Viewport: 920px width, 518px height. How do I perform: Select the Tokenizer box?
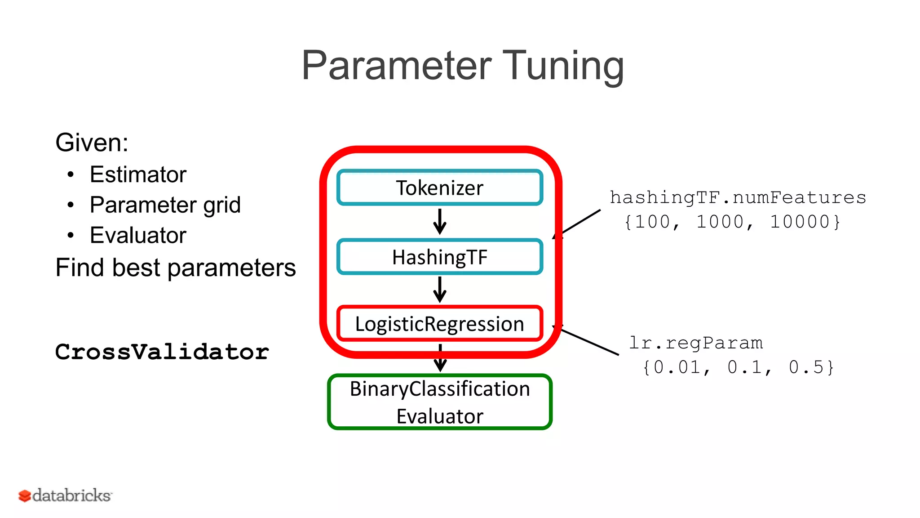click(439, 188)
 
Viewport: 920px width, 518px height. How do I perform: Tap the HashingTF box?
click(439, 257)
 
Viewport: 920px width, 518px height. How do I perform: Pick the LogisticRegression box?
click(439, 324)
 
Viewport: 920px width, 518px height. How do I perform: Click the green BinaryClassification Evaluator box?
click(439, 402)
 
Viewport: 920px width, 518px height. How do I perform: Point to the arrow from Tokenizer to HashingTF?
click(440, 221)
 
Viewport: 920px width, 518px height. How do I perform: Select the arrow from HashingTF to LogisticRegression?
click(440, 289)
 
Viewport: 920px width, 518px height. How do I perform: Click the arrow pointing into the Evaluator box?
click(440, 358)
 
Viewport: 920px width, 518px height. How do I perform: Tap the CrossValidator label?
click(162, 352)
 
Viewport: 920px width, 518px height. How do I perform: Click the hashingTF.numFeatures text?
click(738, 197)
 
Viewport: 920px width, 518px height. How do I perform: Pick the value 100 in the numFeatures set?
click(652, 222)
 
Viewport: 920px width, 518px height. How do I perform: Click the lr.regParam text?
click(695, 343)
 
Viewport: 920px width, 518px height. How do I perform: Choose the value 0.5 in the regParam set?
click(806, 367)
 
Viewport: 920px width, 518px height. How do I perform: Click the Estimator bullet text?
click(138, 174)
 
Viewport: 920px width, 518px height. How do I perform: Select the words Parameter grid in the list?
click(165, 205)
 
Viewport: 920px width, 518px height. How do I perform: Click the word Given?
click(91, 143)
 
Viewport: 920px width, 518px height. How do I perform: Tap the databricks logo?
click(65, 496)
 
